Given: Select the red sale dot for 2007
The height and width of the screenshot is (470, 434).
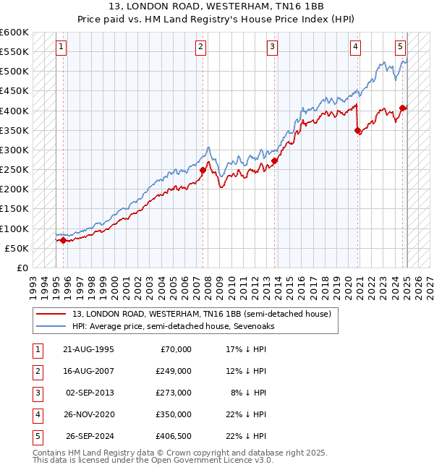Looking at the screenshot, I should point(203,171).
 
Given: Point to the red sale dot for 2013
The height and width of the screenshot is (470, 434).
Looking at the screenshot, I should point(275,161).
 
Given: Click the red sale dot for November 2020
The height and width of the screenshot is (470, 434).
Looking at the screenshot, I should point(358,131).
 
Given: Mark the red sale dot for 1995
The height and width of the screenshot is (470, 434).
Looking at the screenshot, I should point(63,241).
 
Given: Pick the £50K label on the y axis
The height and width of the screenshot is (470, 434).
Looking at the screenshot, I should point(17,248).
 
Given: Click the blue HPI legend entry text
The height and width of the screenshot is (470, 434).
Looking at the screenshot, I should point(173,326).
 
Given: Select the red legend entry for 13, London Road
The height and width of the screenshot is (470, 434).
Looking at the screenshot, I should point(201,314).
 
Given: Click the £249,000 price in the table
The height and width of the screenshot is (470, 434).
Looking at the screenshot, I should point(174,371).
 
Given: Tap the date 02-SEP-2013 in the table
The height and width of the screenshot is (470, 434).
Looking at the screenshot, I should point(90,393).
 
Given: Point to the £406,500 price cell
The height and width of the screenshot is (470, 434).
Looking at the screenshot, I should point(174,436).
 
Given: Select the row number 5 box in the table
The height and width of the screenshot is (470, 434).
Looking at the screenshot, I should point(37,436).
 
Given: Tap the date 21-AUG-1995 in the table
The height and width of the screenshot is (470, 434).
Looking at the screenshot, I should point(88,349).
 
